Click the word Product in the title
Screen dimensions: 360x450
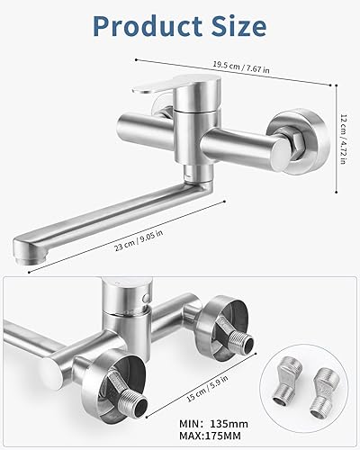tap(148, 26)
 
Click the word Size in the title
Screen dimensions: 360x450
tap(238, 26)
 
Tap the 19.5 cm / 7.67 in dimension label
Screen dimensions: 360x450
tap(241, 67)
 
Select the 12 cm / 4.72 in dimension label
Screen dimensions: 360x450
tap(344, 139)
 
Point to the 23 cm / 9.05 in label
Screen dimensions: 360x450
tap(139, 240)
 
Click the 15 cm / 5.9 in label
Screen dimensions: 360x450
tap(207, 389)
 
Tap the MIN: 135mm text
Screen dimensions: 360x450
tap(213, 424)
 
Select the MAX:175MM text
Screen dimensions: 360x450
tap(210, 436)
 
